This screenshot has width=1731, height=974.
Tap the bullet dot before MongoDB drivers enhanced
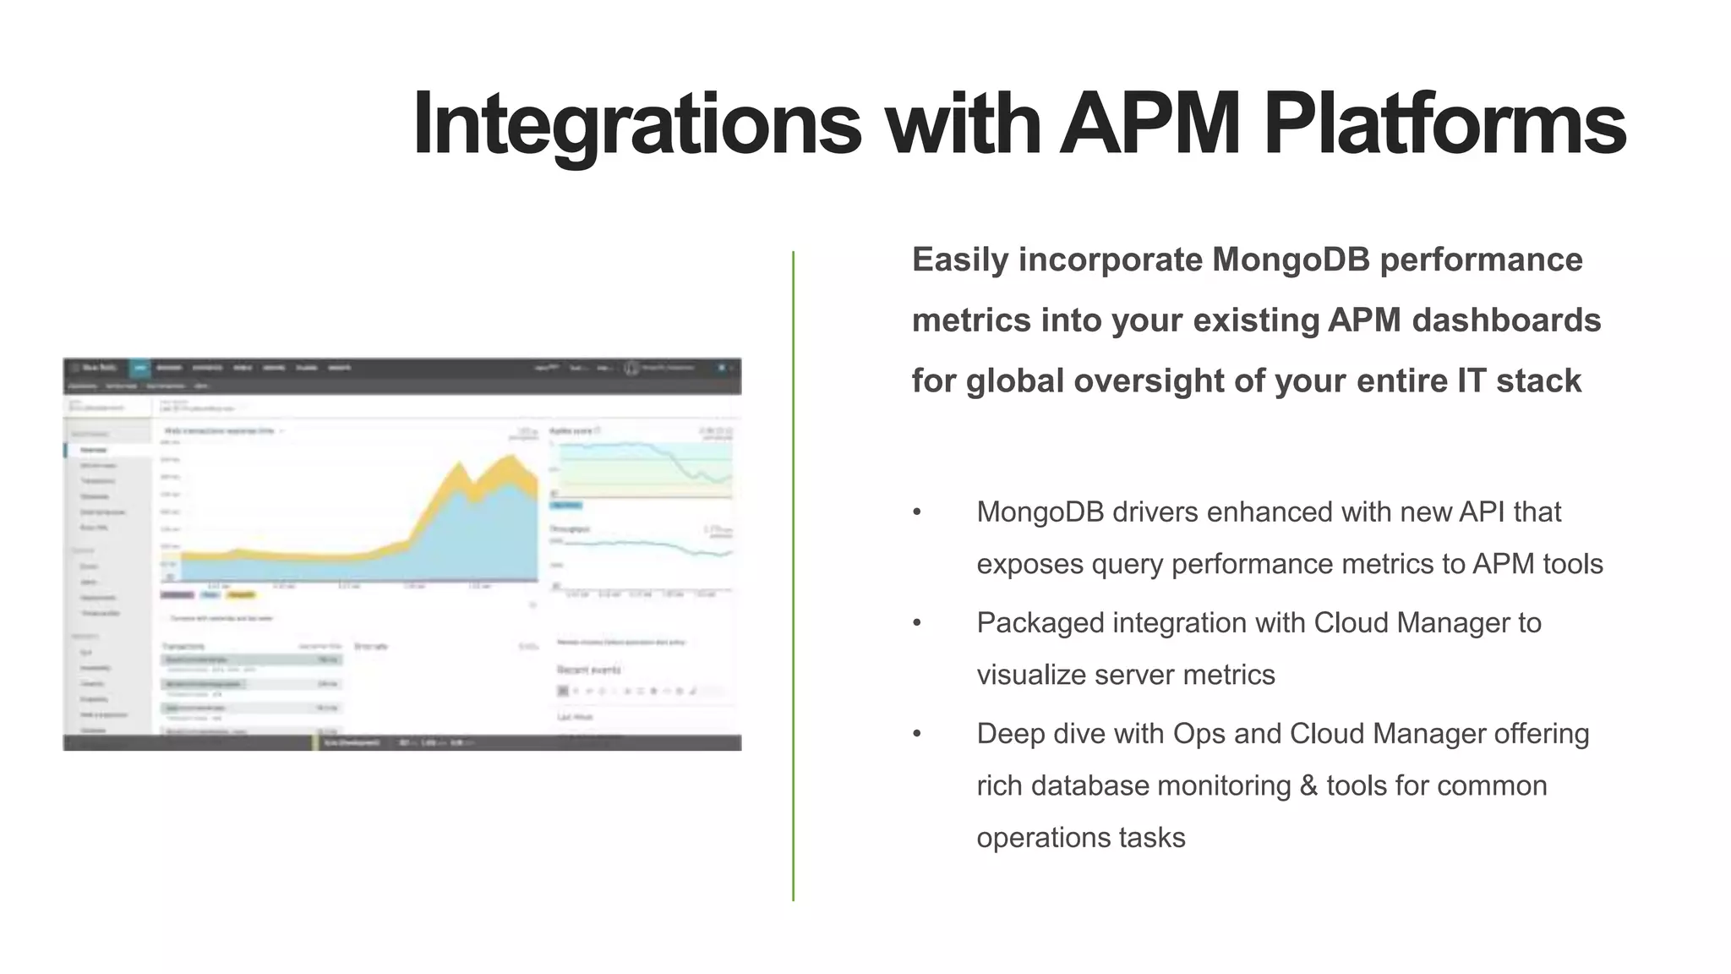point(917,512)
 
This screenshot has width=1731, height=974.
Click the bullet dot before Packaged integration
point(917,623)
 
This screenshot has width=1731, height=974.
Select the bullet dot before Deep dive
point(917,734)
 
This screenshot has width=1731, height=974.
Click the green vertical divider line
point(793,575)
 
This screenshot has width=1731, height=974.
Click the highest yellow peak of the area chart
point(511,457)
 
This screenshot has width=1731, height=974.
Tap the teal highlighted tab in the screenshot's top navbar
point(140,368)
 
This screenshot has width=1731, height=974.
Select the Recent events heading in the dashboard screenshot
point(589,670)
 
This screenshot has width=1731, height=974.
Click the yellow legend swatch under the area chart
point(241,595)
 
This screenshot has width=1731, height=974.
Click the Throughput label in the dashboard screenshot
point(570,528)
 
